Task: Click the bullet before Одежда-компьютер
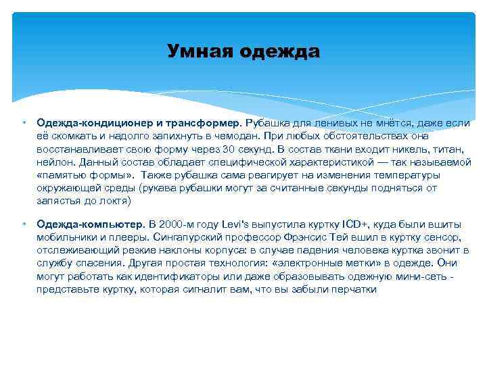pyautogui.click(x=23, y=223)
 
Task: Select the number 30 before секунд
pyautogui.click(x=230, y=149)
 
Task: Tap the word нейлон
pyautogui.click(x=56, y=162)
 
